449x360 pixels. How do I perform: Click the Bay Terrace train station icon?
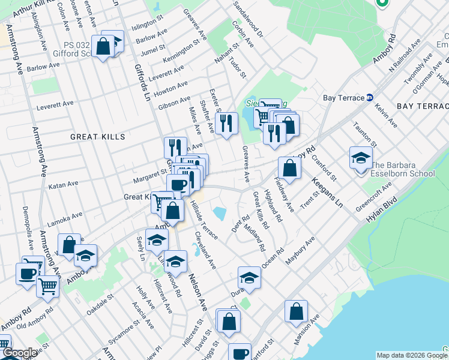point(370,98)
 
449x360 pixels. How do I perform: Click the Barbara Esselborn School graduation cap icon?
point(360,158)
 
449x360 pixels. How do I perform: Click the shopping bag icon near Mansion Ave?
point(296,311)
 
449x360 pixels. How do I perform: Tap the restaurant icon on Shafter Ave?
point(226,123)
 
